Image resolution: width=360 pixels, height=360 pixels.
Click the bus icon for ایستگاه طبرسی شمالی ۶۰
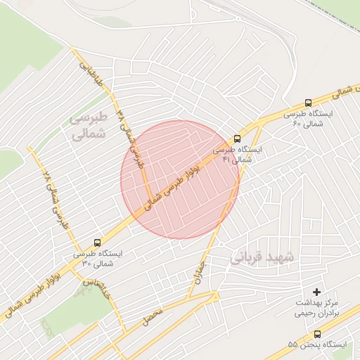tap(308, 102)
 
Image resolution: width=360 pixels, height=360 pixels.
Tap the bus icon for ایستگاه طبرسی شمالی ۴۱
tap(236, 139)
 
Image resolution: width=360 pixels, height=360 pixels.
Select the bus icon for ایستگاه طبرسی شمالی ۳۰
tap(97, 243)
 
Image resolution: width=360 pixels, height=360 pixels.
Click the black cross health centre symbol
tap(316, 291)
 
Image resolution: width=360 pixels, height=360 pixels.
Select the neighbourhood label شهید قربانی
tap(264, 259)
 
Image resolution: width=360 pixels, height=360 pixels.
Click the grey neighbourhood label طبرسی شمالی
tap(89, 125)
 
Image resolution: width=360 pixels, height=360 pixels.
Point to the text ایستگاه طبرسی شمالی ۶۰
tap(309, 118)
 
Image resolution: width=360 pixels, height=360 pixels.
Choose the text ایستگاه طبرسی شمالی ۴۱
tap(237, 155)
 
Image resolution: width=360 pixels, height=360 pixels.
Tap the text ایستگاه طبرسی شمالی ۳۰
tap(97, 258)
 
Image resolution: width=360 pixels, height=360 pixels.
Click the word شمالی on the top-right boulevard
tap(341, 91)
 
